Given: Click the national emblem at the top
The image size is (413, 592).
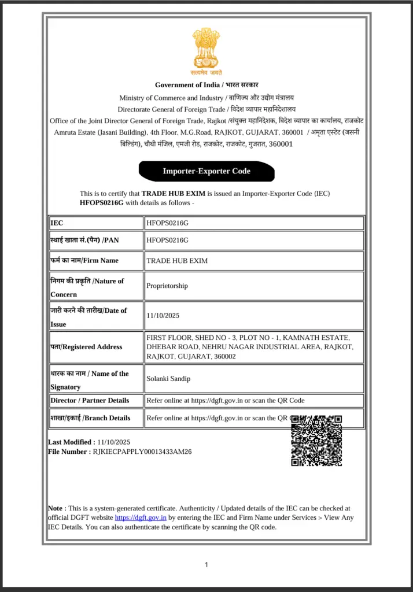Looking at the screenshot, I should pyautogui.click(x=207, y=51).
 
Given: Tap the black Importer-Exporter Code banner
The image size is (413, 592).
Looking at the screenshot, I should pyautogui.click(x=207, y=171).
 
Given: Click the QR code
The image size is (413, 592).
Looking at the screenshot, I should pyautogui.click(x=316, y=440).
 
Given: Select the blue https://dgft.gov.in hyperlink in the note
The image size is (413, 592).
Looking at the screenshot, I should pyautogui.click(x=141, y=518).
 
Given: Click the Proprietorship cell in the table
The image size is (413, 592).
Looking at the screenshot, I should pyautogui.click(x=167, y=286).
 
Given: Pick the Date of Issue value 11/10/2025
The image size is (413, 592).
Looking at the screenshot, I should pyautogui.click(x=163, y=316).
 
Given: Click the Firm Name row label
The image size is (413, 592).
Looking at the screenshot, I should pyautogui.click(x=84, y=261).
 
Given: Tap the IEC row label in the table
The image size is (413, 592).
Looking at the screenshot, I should pyautogui.click(x=57, y=223).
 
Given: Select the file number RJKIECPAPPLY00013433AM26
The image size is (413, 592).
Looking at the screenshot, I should pyautogui.click(x=142, y=452).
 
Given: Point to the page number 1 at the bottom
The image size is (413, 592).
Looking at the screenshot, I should pyautogui.click(x=207, y=565).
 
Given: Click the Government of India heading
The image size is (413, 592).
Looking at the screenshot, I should pyautogui.click(x=207, y=85).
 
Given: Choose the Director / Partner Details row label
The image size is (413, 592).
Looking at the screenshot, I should pyautogui.click(x=90, y=401).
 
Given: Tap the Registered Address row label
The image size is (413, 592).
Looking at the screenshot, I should pyautogui.click(x=87, y=347).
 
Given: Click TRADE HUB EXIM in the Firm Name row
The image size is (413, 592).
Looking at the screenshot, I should pyautogui.click(x=177, y=261).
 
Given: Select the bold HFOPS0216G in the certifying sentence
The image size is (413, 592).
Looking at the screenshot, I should pyautogui.click(x=102, y=203).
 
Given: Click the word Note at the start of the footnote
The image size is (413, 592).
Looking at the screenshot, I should pyautogui.click(x=56, y=508).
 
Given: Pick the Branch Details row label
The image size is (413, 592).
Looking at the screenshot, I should pyautogui.click(x=90, y=418).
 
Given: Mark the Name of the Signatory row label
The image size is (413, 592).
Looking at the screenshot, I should pyautogui.click(x=89, y=380).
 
